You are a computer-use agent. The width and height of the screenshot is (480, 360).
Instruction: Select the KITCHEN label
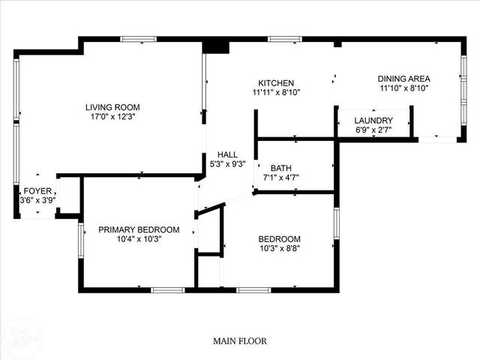(276, 83)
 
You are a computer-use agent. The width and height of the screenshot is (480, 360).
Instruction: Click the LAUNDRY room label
(373, 121)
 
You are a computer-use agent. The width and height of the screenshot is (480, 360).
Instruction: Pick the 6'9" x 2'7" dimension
(373, 130)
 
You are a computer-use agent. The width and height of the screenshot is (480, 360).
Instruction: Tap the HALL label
(228, 154)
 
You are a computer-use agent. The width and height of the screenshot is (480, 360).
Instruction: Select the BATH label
(281, 168)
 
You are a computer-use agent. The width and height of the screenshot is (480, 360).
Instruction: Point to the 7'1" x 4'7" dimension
(281, 178)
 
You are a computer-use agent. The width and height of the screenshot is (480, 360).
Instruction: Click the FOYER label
(37, 191)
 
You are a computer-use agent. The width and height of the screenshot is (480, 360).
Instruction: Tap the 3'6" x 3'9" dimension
(37, 201)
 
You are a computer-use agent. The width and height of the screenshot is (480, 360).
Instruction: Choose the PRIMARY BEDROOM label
(139, 229)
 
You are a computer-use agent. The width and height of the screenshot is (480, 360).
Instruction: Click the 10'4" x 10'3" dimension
(139, 239)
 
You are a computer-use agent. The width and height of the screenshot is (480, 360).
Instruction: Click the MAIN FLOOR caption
(239, 340)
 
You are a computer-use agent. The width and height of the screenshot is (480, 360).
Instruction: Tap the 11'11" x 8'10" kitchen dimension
(276, 93)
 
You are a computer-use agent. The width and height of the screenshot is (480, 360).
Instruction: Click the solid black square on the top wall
(216, 46)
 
